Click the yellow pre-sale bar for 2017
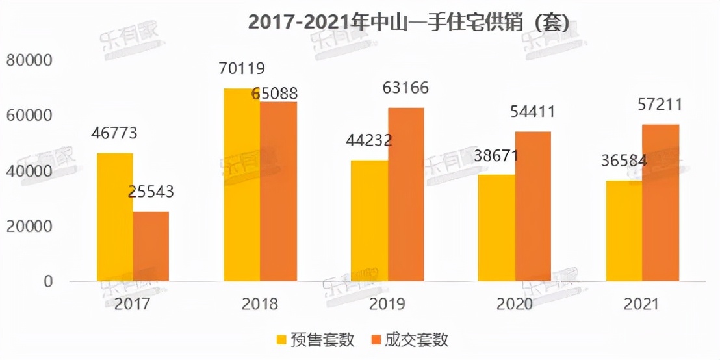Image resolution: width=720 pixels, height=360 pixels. click(x=115, y=217)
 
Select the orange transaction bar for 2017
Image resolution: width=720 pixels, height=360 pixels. click(x=151, y=246)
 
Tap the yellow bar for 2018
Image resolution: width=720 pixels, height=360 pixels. click(x=242, y=185)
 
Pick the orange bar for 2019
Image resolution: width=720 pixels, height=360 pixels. click(x=405, y=194)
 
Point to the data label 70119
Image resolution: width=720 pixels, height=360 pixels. click(x=242, y=68)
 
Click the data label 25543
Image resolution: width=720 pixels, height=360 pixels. click(x=151, y=192)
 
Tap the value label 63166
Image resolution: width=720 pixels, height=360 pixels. click(x=405, y=88)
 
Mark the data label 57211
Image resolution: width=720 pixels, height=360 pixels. click(x=660, y=105)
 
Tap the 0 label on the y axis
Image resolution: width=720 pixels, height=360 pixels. click(x=47, y=282)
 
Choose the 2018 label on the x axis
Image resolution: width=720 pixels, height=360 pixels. click(x=259, y=304)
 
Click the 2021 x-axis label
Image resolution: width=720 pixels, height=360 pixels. click(x=641, y=304)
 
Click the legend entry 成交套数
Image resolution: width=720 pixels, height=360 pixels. click(x=417, y=339)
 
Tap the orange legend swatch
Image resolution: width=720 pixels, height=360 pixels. click(x=374, y=339)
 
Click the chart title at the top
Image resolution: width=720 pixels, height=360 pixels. click(x=409, y=23)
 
